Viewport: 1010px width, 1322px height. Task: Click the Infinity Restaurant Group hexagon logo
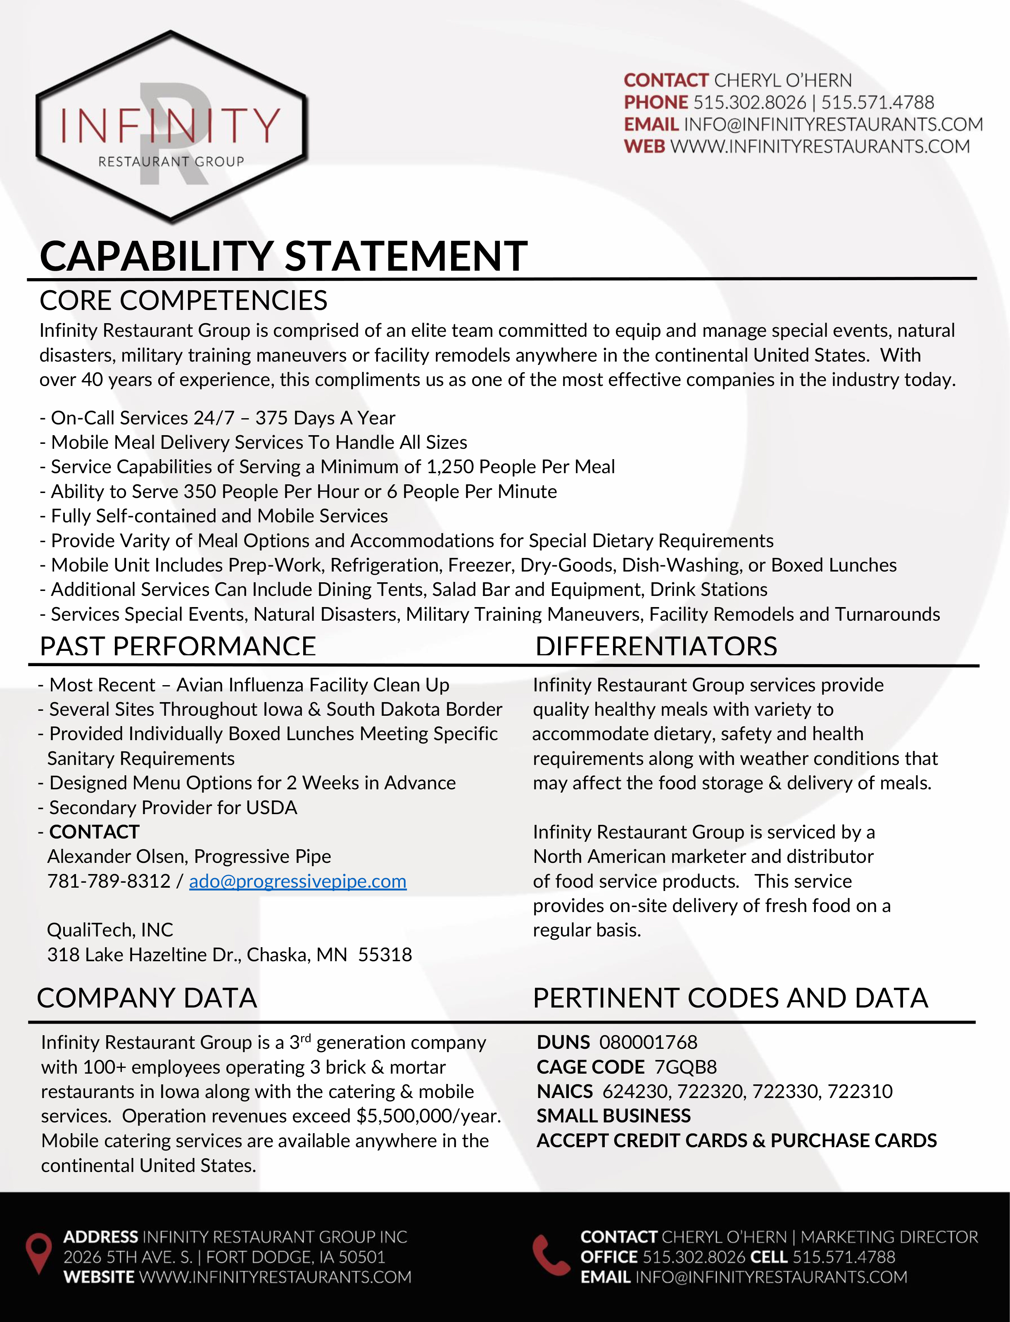click(x=171, y=126)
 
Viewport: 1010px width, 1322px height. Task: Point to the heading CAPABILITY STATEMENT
click(x=283, y=256)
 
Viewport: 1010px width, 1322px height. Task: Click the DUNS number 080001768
click(x=648, y=1042)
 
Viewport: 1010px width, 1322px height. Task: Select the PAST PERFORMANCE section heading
click(x=177, y=647)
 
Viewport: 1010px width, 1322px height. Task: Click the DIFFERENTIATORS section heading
click(x=656, y=647)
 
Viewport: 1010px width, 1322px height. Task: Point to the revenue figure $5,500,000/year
click(x=428, y=1116)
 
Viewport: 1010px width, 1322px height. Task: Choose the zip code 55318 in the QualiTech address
click(x=385, y=955)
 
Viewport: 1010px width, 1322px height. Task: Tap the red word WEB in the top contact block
click(x=644, y=146)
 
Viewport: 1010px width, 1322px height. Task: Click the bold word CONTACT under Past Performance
click(x=94, y=832)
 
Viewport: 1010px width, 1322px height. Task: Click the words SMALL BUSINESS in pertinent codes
click(x=613, y=1116)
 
